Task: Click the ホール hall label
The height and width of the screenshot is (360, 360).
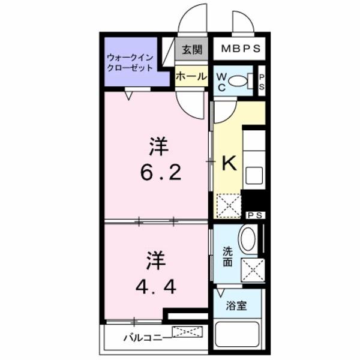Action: click(x=190, y=77)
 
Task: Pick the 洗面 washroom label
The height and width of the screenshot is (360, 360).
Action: click(x=228, y=257)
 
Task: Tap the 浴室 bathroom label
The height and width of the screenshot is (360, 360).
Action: click(x=235, y=304)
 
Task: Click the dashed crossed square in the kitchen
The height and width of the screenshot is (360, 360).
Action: click(x=228, y=205)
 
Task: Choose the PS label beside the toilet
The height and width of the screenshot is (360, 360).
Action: click(x=262, y=81)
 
